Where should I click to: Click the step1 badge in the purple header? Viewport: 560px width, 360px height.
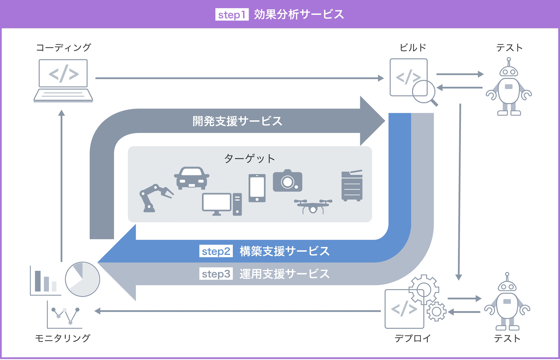(232, 15)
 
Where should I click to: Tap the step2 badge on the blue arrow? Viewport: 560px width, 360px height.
(216, 251)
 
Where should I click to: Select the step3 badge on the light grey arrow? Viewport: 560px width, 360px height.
(216, 274)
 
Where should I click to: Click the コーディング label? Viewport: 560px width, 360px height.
(63, 48)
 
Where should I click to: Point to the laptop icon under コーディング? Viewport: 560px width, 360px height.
(63, 81)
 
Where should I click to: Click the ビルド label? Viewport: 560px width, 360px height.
(412, 48)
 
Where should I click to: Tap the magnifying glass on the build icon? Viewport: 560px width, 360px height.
(424, 93)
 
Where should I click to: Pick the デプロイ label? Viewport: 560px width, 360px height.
(412, 338)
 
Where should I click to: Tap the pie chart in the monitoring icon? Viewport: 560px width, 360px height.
(83, 279)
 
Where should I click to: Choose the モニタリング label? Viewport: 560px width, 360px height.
(63, 338)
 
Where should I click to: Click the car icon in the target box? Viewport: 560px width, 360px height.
(192, 178)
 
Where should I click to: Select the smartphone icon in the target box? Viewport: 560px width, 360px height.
(257, 188)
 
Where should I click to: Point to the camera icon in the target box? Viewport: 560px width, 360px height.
(288, 181)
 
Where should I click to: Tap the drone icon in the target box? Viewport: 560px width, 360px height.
(313, 206)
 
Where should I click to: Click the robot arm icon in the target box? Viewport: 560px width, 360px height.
(155, 198)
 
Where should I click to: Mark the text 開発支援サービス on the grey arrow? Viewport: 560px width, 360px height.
(237, 121)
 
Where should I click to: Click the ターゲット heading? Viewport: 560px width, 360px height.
(250, 159)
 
